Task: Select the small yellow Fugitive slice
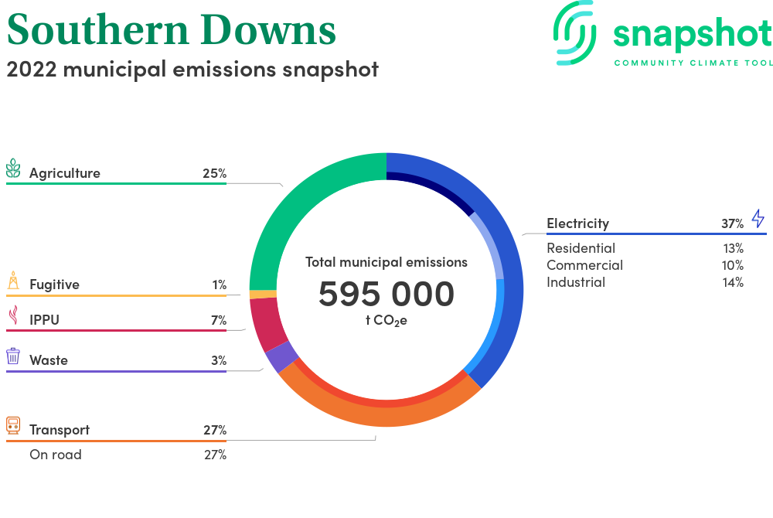[263, 295]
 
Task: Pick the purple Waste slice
[281, 356]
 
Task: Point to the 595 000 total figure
[386, 294]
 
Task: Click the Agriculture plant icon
[13, 168]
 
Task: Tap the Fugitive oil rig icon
[13, 280]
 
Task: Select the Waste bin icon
[13, 356]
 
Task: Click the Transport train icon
[13, 425]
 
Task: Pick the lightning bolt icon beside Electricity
[758, 218]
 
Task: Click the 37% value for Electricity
[732, 223]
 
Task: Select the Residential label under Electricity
[581, 248]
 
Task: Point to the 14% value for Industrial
[733, 282]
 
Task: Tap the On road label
[56, 455]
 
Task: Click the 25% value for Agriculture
[214, 173]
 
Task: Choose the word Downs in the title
[268, 29]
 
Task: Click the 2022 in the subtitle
[32, 70]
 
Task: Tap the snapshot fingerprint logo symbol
[574, 33]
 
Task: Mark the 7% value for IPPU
[219, 320]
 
